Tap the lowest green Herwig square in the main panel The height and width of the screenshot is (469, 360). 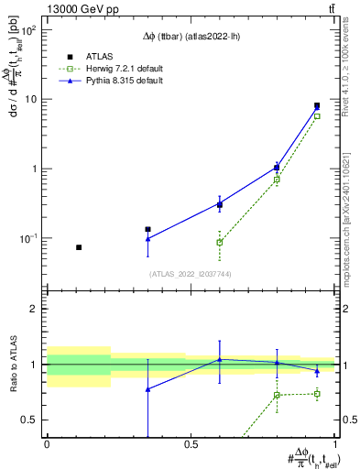point(220,242)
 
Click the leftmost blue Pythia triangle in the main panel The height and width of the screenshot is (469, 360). point(147,239)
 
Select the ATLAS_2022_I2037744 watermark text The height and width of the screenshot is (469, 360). point(191,273)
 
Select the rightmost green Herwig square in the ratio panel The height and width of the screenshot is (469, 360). point(317,394)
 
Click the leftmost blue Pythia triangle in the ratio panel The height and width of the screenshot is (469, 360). point(147,389)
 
